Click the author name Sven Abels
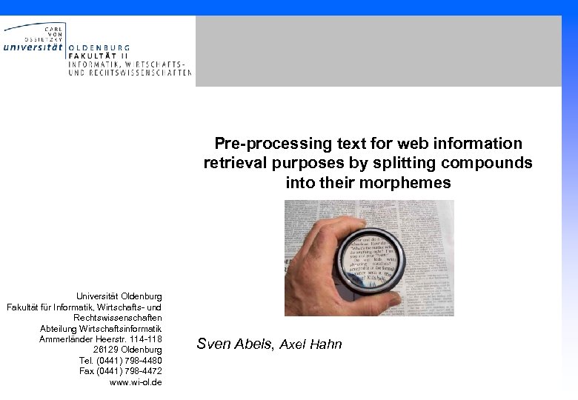point(235,344)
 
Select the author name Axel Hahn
point(310,344)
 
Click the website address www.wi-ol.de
point(136,382)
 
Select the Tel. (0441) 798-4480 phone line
point(120,360)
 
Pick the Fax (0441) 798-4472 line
point(120,371)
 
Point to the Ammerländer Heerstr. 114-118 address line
point(100,339)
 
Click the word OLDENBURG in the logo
point(99,47)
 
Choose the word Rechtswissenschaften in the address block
point(117,317)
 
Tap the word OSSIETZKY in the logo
point(44,38)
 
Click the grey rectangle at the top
point(378,50)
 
